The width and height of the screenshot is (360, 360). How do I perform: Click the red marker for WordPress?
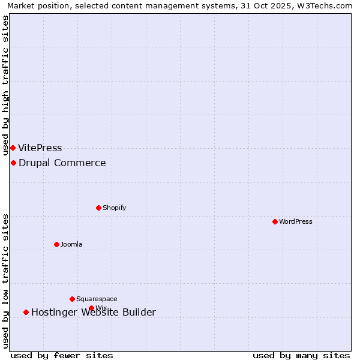coord(275,221)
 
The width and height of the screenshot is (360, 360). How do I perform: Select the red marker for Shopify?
coord(98,208)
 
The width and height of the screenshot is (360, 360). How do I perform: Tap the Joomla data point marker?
coord(56,244)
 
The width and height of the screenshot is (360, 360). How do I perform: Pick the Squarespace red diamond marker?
coord(72,299)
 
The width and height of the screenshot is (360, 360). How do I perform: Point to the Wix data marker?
coord(91,308)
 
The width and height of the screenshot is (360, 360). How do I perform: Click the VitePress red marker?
coord(13,148)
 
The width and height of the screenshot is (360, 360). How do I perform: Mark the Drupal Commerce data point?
coord(13,163)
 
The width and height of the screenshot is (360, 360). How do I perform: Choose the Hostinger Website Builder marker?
coord(26,312)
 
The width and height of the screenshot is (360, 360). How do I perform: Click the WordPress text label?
coord(296,221)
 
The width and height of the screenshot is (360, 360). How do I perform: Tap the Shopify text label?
coord(114,208)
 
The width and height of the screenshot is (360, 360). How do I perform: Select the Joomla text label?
coord(71,244)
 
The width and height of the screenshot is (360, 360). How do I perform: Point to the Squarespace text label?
coord(97,299)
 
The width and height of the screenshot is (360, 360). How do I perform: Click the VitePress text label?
coord(40,148)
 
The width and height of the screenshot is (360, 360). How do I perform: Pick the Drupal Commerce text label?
coord(62,163)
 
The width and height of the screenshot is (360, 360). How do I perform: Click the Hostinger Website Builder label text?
coord(94,312)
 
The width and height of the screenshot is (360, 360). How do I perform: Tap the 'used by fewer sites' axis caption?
coord(62,355)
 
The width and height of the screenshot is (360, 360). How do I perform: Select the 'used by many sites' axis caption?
coord(301,355)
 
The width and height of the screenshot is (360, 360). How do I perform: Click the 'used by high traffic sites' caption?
coord(5,85)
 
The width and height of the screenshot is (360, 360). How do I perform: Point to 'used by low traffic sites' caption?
coord(5,281)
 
